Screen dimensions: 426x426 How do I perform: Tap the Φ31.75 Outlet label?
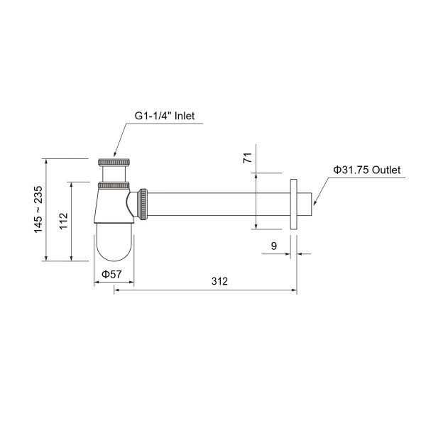tap(367, 170)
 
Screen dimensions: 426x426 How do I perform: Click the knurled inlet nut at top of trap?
tap(114, 163)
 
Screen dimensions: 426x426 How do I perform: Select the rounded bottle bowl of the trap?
tap(114, 241)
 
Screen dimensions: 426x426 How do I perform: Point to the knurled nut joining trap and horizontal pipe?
tap(145, 204)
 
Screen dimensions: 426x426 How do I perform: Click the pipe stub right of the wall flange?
tap(306, 204)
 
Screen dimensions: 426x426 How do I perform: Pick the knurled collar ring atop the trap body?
tap(114, 186)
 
